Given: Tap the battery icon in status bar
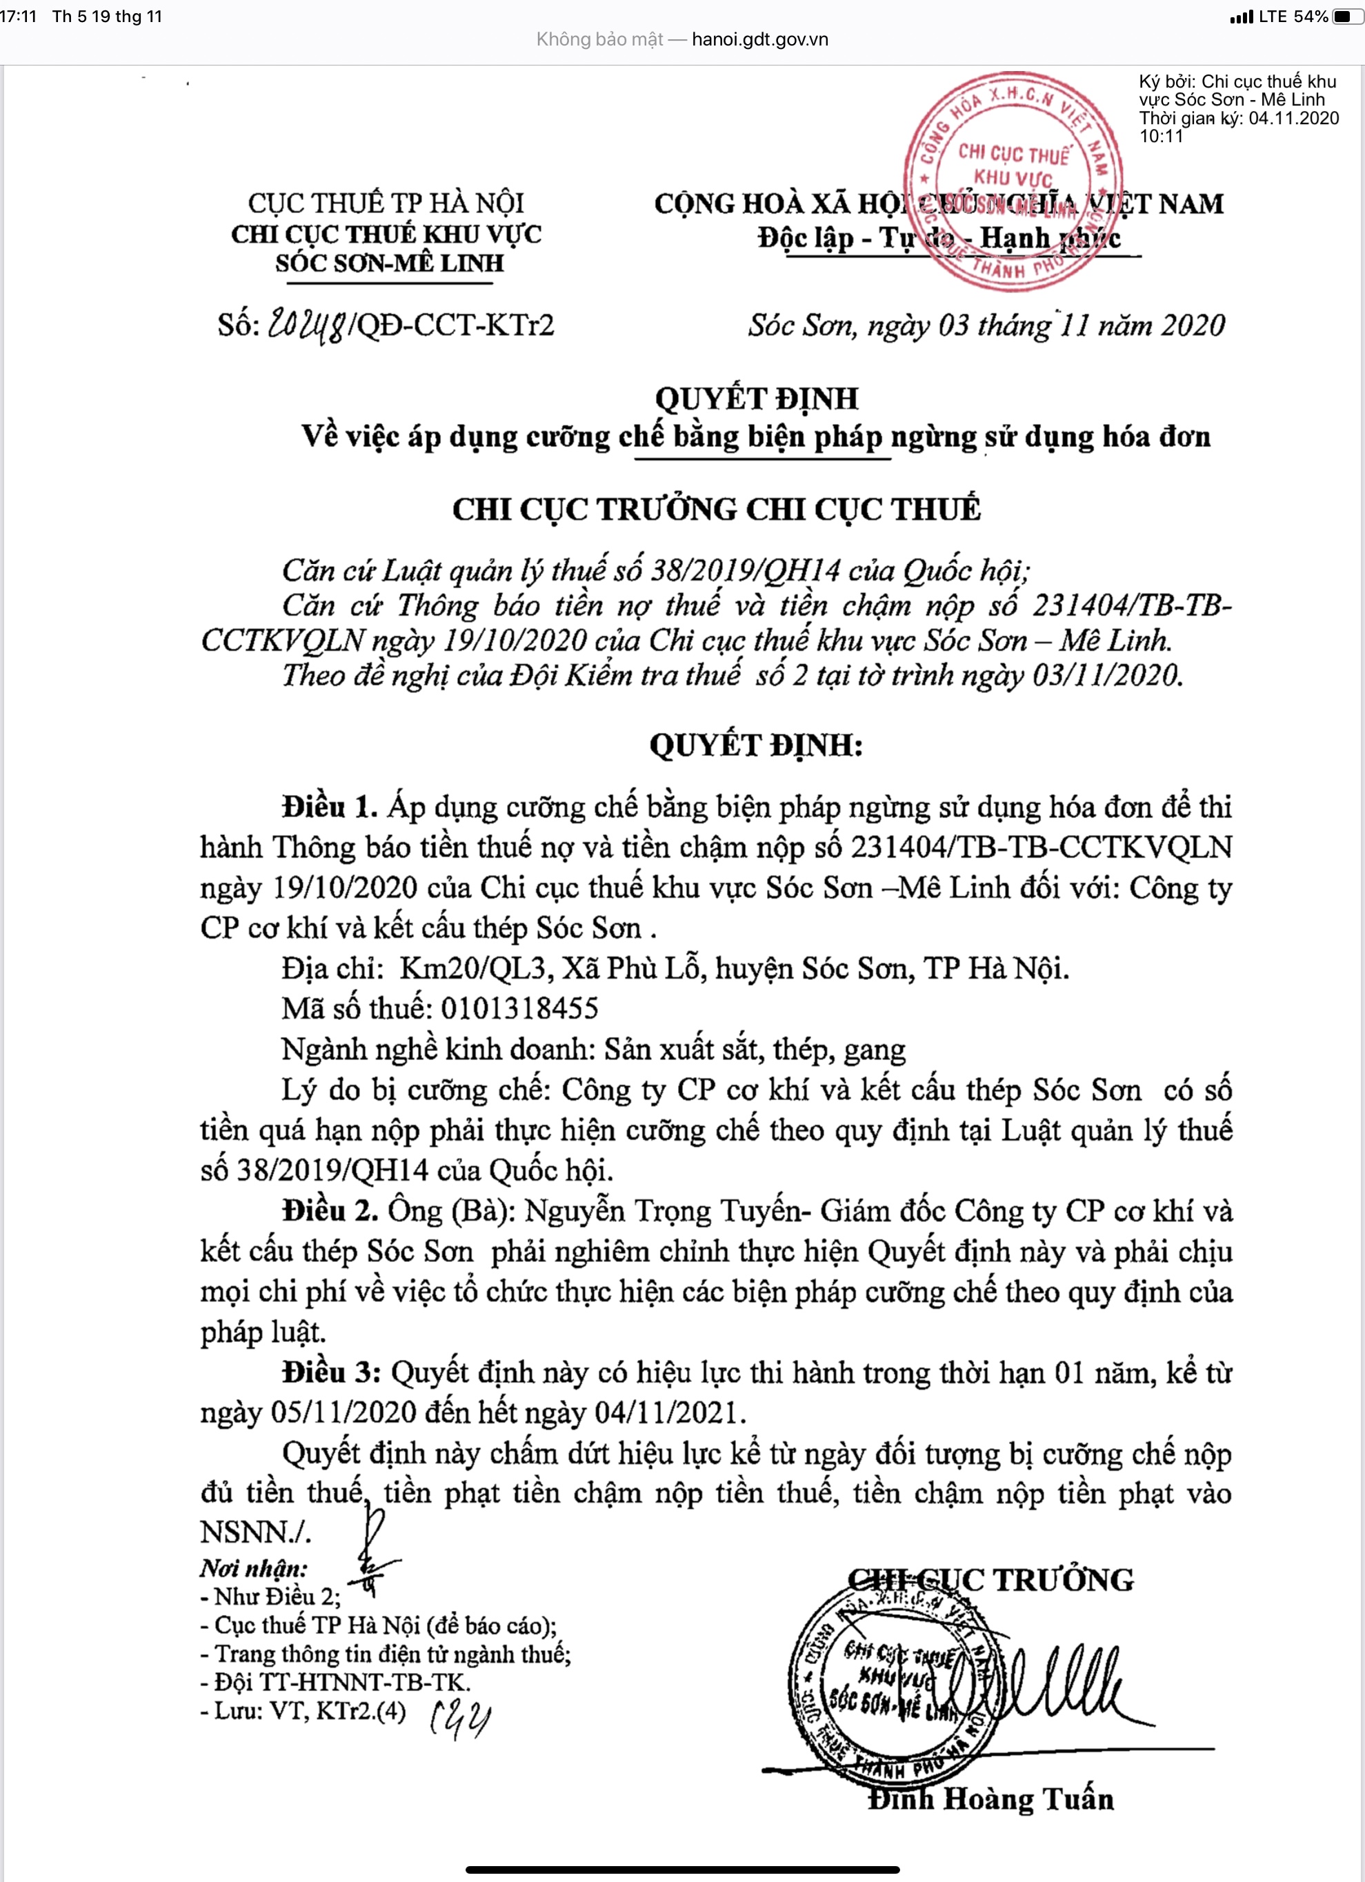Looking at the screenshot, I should [x=1346, y=17].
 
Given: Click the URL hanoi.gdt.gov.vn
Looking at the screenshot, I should [x=759, y=39].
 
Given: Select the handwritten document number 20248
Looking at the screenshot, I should [x=306, y=324].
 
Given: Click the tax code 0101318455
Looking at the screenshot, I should [x=519, y=1008].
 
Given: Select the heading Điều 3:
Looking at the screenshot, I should [x=331, y=1372].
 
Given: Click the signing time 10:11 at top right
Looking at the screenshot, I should [x=1161, y=136].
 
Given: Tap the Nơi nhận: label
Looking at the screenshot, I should [x=253, y=1568].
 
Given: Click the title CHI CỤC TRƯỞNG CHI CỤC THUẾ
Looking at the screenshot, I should [x=716, y=510].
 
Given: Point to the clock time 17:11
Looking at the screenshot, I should [x=18, y=17].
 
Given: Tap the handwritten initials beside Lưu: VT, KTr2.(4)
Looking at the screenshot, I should [x=459, y=1714].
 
